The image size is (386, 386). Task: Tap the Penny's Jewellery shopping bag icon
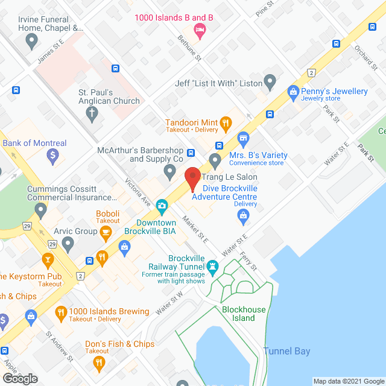pos(293,92)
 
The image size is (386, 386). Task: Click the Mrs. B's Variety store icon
pos(244,139)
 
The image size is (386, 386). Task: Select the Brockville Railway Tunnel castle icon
pos(212,265)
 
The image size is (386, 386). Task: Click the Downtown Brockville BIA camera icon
pos(162,206)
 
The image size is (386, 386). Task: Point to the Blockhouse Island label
pos(244,314)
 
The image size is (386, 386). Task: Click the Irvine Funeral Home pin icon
pos(32,42)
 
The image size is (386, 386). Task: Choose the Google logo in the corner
pos(19,378)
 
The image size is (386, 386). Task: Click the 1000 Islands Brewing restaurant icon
pos(60,312)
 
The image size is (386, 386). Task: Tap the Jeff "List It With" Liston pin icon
pos(270,80)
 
